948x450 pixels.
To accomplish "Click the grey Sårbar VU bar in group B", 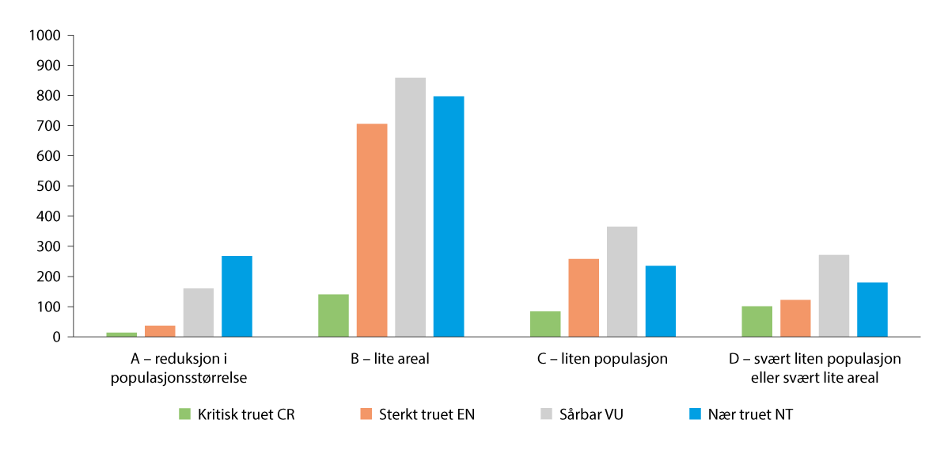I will coord(410,208).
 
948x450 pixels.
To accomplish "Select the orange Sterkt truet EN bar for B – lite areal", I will coord(372,231).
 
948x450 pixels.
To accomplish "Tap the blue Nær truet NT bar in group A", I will coord(237,296).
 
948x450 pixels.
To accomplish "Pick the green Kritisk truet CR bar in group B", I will coord(333,315).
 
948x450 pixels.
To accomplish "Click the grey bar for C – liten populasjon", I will coord(622,282).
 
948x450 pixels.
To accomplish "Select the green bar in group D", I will coord(757,322).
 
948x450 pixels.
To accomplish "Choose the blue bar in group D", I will coord(872,310).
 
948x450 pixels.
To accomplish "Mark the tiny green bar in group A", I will coord(121,334).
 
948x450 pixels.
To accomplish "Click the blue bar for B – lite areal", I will coord(449,216).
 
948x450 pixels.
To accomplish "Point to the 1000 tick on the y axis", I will coord(44,36).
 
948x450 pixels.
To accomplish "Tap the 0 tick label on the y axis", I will coord(56,337).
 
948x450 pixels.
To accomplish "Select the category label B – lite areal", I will coord(390,359).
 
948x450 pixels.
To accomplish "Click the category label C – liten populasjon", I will coord(602,359).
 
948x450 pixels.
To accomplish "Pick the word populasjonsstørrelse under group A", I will coord(179,378).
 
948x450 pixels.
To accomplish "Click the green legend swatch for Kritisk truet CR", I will coord(185,414).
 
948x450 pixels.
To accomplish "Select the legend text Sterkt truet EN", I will coord(427,414).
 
